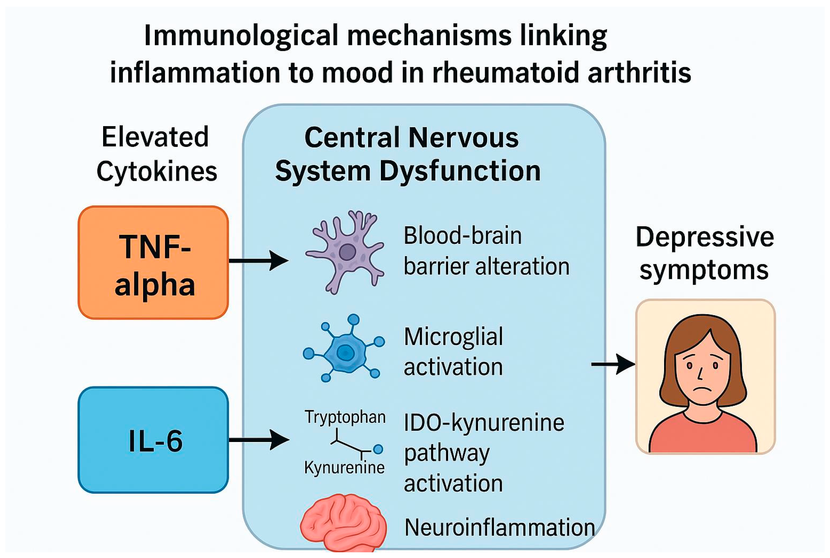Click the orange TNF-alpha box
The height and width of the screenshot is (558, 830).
(153, 263)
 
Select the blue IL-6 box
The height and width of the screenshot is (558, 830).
(153, 440)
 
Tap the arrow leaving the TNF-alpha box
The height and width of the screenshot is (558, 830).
(259, 261)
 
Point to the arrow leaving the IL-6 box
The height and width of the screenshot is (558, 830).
(259, 440)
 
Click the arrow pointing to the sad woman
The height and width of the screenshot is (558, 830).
(613, 364)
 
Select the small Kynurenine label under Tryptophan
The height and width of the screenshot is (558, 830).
(344, 467)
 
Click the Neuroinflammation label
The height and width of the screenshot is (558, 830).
(499, 527)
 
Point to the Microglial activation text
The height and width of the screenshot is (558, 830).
(453, 351)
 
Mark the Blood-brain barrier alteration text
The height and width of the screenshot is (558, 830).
(486, 251)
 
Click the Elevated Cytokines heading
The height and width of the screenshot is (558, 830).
(156, 154)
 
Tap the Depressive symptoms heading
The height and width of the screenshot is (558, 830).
(705, 254)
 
